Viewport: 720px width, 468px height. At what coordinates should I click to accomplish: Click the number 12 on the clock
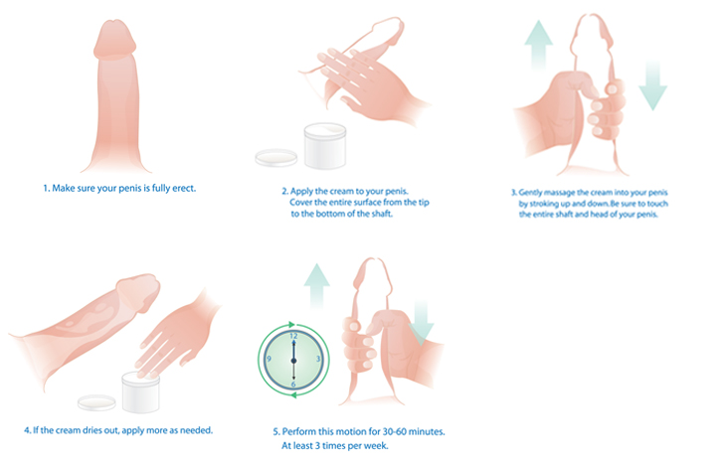click(x=293, y=336)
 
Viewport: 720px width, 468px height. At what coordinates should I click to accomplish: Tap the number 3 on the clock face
click(x=318, y=359)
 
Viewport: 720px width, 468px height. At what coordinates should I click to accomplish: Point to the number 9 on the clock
click(x=270, y=359)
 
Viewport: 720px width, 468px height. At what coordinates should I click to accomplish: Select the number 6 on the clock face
click(x=293, y=384)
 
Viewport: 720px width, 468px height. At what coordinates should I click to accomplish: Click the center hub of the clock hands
click(x=294, y=361)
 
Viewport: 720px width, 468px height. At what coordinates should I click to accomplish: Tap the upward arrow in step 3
click(x=539, y=45)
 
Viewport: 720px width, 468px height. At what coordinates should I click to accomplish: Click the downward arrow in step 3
click(x=652, y=85)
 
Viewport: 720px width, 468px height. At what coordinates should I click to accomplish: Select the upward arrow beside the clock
click(x=317, y=286)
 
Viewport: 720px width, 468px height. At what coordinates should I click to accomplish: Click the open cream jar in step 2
click(x=325, y=145)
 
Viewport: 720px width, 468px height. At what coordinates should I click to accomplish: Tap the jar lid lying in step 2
click(x=276, y=158)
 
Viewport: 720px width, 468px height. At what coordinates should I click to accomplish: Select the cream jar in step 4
click(x=140, y=392)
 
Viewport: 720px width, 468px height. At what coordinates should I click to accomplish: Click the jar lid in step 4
click(x=96, y=402)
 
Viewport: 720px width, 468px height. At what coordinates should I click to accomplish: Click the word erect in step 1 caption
click(x=184, y=188)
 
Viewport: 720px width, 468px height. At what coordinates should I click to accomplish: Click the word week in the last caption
click(x=377, y=445)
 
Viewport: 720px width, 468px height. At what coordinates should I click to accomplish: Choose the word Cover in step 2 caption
click(x=300, y=203)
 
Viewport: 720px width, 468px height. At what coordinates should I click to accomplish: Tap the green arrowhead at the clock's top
click(x=291, y=324)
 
